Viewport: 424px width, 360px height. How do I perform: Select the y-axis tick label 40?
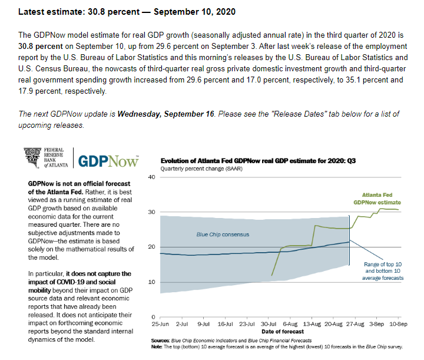click(x=151, y=177)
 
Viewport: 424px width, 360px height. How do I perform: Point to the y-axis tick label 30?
click(x=151, y=212)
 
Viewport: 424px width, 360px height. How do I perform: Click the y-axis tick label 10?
click(x=151, y=282)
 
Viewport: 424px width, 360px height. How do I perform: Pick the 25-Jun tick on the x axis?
click(x=160, y=325)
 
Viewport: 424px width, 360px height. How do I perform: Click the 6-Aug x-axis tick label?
click(x=290, y=325)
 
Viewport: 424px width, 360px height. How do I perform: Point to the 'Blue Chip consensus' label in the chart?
click(x=223, y=235)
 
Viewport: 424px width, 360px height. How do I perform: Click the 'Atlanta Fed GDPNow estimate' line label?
click(x=376, y=198)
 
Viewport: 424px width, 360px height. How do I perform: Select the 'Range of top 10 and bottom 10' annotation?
click(x=384, y=271)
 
